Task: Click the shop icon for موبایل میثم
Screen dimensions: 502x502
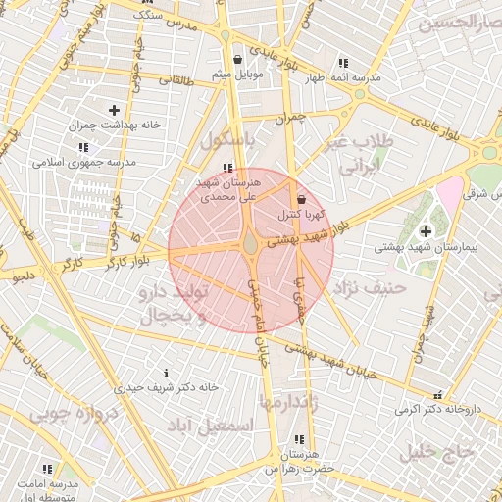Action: pyautogui.click(x=236, y=59)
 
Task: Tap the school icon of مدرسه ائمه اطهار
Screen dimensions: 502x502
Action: pyautogui.click(x=342, y=63)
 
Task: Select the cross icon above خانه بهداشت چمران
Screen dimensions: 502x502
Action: pyautogui.click(x=115, y=110)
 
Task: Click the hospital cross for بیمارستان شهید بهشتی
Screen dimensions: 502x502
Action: pyautogui.click(x=425, y=231)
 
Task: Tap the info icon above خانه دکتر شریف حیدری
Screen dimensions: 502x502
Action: pyautogui.click(x=165, y=373)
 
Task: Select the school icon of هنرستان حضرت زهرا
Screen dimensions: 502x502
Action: pyautogui.click(x=298, y=439)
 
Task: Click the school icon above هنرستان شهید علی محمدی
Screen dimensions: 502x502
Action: pyautogui.click(x=227, y=168)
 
